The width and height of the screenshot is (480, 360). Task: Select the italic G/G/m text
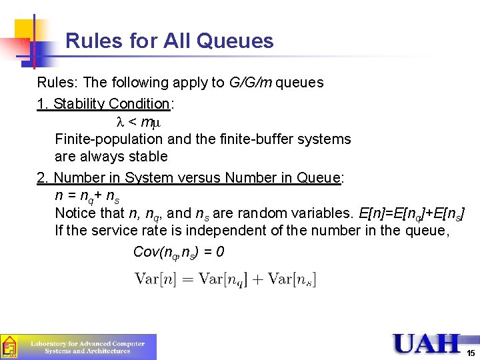coord(251,83)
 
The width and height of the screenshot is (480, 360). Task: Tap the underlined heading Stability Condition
coord(111,104)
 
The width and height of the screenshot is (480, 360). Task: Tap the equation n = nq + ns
coord(87,197)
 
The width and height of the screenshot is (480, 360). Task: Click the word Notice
coord(75,213)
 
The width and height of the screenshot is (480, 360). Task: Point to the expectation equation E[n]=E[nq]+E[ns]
coord(411,214)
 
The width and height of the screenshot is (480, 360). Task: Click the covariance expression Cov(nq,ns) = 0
coord(179,252)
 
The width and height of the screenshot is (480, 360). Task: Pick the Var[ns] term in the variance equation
coord(291,279)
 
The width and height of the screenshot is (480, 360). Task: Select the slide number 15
coord(471,353)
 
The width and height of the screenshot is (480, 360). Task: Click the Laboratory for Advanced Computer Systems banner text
coord(87,347)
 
